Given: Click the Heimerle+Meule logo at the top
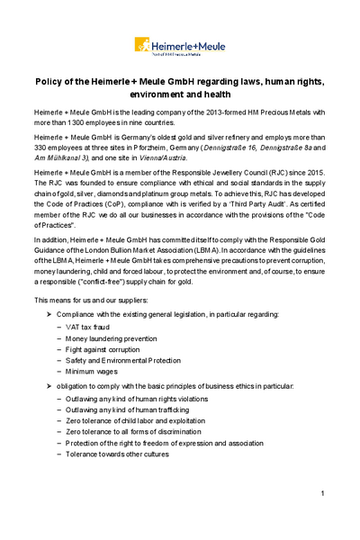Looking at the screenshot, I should tap(179, 44).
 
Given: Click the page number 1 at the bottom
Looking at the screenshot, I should tap(321, 494).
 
